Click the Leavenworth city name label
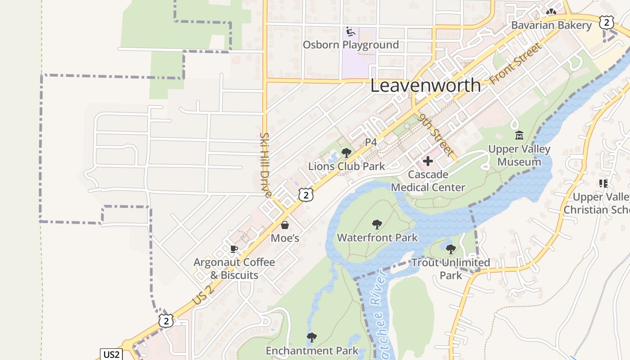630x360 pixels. pos(425,85)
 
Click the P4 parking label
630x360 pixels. pos(371,142)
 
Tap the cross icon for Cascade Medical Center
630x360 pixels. pos(428,161)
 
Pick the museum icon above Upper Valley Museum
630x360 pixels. pos(519,135)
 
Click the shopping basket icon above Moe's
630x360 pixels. pos(285,225)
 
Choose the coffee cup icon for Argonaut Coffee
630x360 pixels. pos(234,249)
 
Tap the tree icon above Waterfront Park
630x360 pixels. pos(377,224)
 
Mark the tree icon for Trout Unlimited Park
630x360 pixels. pos(450,249)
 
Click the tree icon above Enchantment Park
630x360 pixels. pos(311,337)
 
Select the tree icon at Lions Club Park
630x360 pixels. pos(346,153)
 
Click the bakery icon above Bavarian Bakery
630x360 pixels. pos(551,12)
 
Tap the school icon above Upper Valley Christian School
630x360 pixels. pos(603,183)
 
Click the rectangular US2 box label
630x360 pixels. pos(111,354)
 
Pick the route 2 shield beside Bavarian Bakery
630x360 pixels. pos(607,22)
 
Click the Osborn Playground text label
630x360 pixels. pos(351,45)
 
